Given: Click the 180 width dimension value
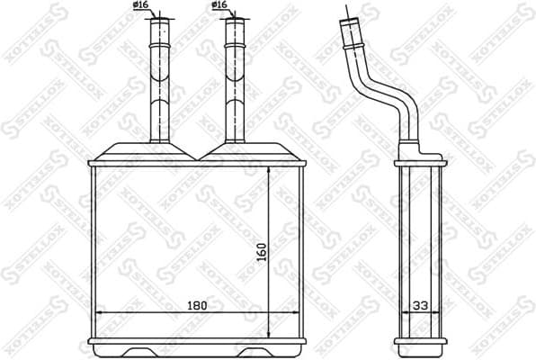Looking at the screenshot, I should pyautogui.click(x=197, y=305).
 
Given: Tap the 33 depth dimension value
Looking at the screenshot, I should pyautogui.click(x=420, y=305).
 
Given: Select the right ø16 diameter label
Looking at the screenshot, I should pyautogui.click(x=218, y=5).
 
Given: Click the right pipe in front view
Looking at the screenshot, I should pyautogui.click(x=234, y=81).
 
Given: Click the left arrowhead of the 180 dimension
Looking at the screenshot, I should pyautogui.click(x=99, y=313).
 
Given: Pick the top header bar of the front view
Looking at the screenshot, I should pyautogui.click(x=197, y=163).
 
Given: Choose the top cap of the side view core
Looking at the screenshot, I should pyautogui.click(x=420, y=163).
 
